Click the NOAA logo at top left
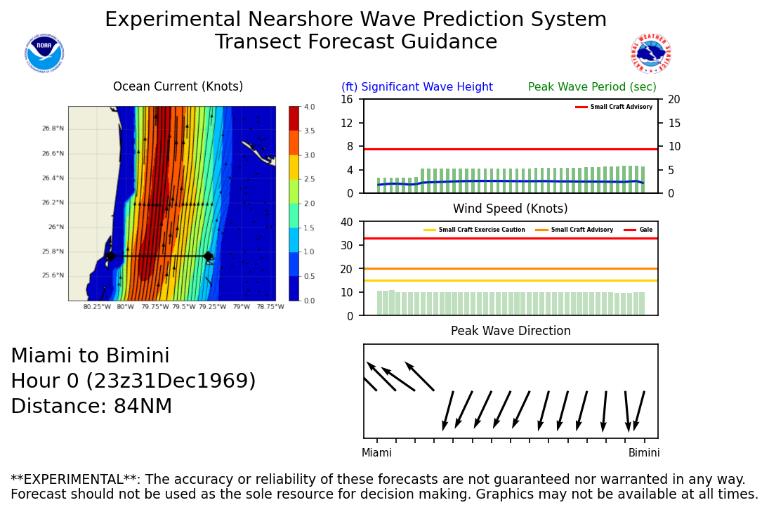click(44, 53)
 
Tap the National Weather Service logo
click(651, 54)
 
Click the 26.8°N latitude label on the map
click(53, 129)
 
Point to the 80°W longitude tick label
click(126, 307)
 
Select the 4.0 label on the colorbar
click(308, 107)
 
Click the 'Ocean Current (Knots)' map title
click(178, 87)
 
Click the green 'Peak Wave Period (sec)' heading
click(592, 87)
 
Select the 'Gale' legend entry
click(645, 230)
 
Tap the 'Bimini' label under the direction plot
click(644, 453)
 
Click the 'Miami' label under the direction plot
click(376, 453)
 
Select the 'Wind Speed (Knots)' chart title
click(510, 209)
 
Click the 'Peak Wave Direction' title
click(511, 332)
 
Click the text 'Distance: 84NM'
click(91, 407)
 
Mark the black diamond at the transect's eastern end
click(208, 256)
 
